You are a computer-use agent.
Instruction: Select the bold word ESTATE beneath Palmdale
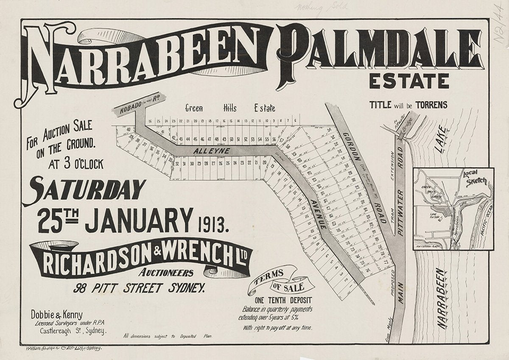409,80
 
